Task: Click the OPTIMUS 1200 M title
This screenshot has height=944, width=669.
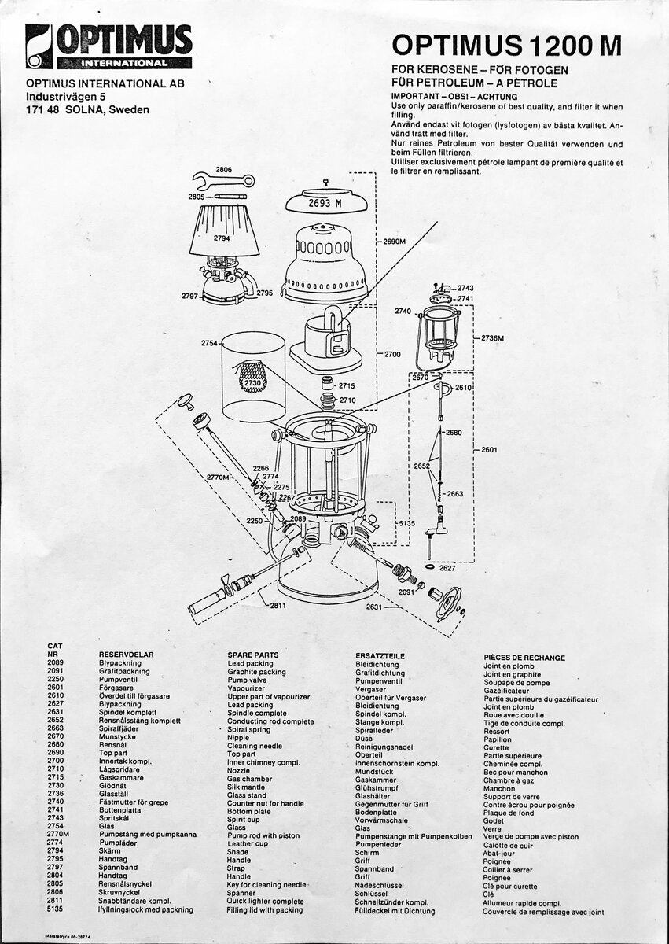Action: tap(506, 45)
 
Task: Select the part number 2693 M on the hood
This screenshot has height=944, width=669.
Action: tap(325, 204)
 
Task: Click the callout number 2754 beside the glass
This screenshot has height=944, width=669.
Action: tap(209, 344)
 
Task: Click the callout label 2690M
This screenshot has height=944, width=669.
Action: tap(395, 242)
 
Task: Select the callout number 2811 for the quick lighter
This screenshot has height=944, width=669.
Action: tap(278, 606)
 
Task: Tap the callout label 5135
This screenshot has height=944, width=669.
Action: tap(406, 523)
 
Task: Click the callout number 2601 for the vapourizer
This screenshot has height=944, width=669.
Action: tap(489, 450)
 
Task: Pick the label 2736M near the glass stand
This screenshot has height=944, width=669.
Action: tap(493, 338)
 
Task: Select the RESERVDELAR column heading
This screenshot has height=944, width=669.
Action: tap(127, 655)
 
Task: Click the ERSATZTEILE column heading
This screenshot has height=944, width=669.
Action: tap(380, 656)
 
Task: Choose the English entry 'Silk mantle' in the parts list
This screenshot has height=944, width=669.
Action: tap(246, 787)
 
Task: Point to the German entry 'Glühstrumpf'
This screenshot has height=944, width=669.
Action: tap(377, 787)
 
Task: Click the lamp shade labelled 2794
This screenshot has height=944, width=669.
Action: tap(224, 231)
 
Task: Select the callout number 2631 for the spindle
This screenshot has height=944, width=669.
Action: tap(374, 607)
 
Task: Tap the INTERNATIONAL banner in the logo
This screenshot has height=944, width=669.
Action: tap(125, 64)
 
